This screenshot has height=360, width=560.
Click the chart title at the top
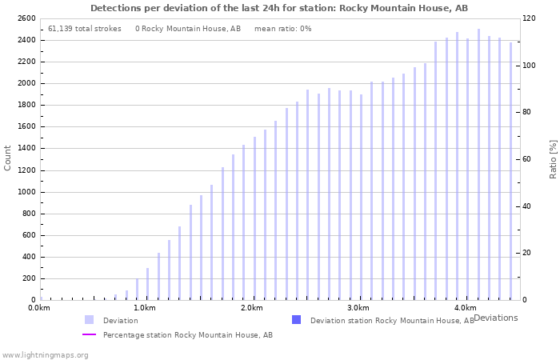(x=279, y=8)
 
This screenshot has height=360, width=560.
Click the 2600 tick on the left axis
(x=25, y=18)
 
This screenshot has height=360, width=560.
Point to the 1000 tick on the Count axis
(x=25, y=192)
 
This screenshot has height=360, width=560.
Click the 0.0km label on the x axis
(x=39, y=308)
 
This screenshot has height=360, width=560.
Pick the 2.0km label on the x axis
(x=251, y=308)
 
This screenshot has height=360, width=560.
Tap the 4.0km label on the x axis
(x=465, y=308)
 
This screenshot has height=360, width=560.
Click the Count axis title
(x=8, y=158)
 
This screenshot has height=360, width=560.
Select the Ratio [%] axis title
(x=553, y=158)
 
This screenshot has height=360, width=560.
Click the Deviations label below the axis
(x=495, y=318)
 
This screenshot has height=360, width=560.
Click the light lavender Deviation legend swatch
(x=89, y=320)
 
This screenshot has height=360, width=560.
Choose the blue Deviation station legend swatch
(x=297, y=320)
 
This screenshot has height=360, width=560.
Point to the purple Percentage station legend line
(x=89, y=335)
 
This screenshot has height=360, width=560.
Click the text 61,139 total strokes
(x=85, y=29)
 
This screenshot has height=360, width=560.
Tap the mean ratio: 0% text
(x=282, y=29)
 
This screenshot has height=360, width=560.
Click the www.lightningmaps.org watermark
(x=46, y=354)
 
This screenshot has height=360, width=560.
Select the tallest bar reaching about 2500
(x=478, y=164)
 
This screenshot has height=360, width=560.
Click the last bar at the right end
(x=510, y=171)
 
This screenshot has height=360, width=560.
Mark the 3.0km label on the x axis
(x=358, y=308)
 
